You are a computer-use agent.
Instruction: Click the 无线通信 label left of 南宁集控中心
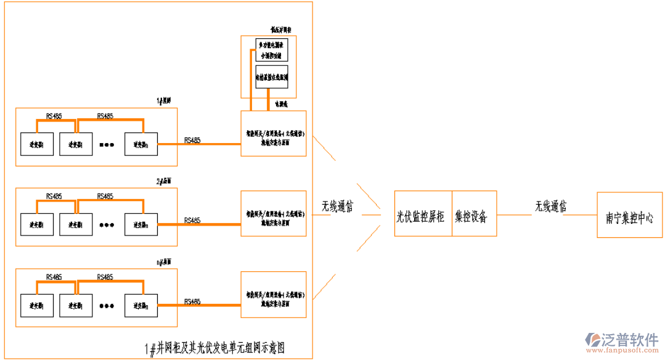tap(550, 206)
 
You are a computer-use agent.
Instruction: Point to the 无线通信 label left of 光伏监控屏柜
tap(337, 207)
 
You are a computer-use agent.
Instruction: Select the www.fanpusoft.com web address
tap(622, 351)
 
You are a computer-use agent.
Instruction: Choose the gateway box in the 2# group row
tap(273, 214)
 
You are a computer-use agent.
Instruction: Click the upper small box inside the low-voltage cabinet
tap(271, 50)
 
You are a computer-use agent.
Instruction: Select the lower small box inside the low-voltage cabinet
tap(271, 78)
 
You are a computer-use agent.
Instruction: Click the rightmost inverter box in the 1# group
tap(141, 144)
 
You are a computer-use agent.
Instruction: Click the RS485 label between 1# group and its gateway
tap(192, 141)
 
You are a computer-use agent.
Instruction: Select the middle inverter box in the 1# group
tap(76, 144)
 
